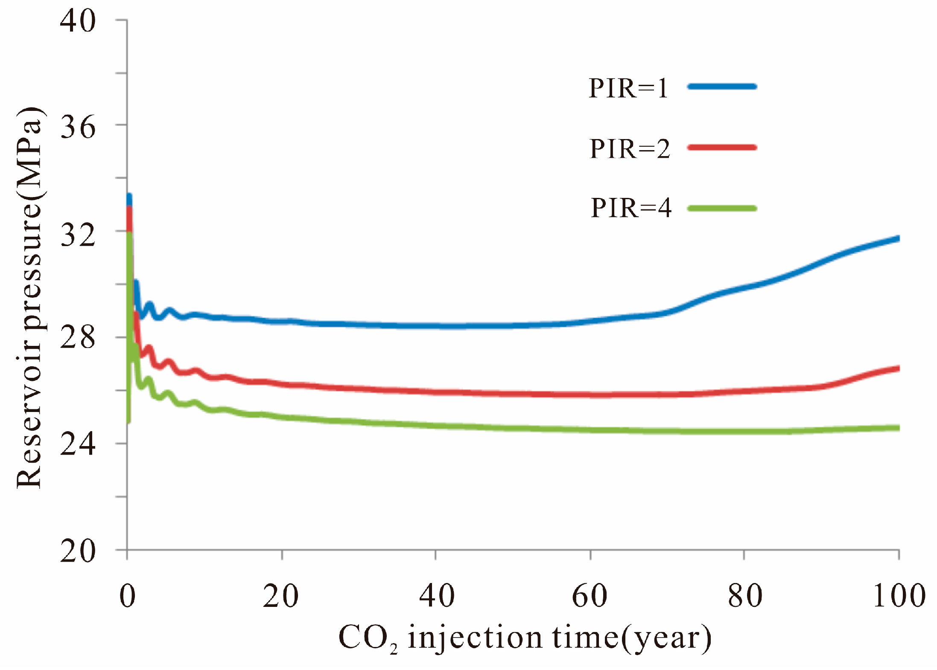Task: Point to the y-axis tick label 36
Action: coord(78,127)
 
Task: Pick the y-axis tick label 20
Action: coord(78,551)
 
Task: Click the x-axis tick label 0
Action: coord(127,596)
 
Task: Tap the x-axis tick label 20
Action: coord(280,596)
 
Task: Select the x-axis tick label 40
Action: coord(436,596)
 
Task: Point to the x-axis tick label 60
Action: coord(590,596)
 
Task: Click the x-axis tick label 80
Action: coord(745,596)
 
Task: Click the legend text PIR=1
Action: coord(628,89)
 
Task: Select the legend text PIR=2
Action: coord(630,149)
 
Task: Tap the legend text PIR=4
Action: coord(631,209)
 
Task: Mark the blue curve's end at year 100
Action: coord(898,239)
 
